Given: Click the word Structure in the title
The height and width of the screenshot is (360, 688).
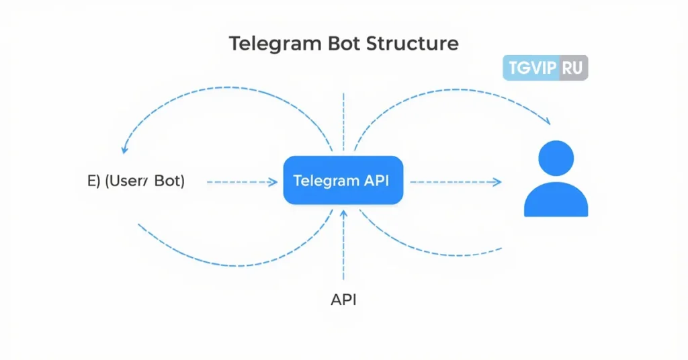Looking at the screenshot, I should coord(413,44).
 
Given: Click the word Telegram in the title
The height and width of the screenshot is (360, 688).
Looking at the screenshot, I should coord(275,44).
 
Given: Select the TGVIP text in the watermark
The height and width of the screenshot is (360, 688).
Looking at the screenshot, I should coord(531,69).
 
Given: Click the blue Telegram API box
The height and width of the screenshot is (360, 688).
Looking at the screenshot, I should coord(343,180).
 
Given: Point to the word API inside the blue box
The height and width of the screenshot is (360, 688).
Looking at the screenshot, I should coord(376,180).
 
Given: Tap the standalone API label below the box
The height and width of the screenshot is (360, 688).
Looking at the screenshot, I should coord(343,300).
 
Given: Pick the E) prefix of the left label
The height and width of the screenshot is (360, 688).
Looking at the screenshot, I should coord(95,181).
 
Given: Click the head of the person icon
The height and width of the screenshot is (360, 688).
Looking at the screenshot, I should coord(556,159).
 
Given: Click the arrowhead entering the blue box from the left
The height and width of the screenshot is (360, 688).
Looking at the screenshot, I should coord(273,181).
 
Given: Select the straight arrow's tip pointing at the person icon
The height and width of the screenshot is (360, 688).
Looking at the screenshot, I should coord(498,181).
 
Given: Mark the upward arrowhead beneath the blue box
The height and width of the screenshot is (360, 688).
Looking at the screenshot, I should coord(343,214).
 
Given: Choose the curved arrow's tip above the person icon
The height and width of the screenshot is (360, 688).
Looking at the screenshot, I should coord(547,122).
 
